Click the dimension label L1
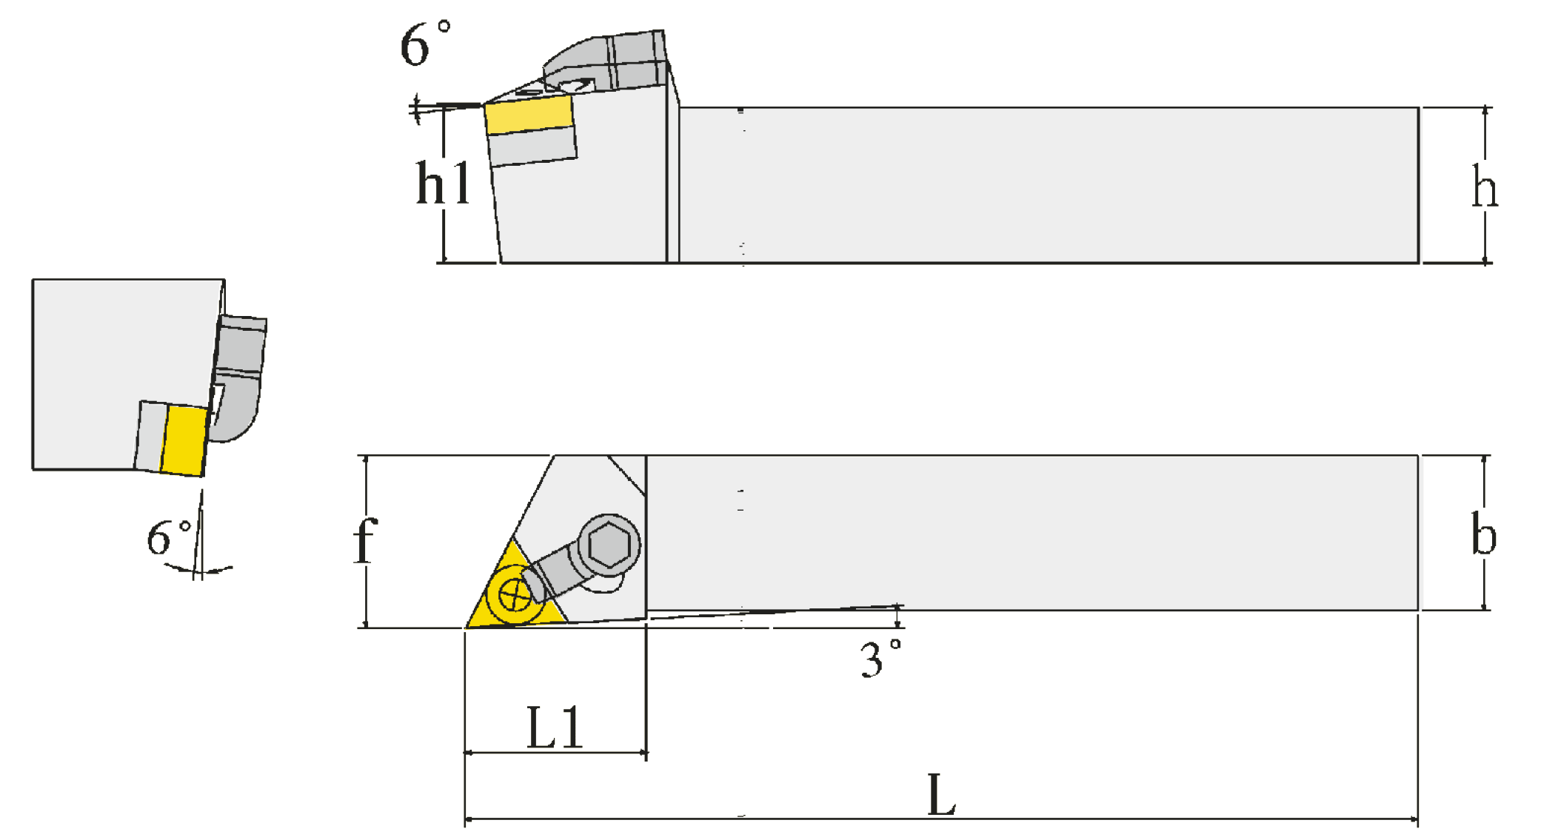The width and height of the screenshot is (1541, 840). [x=555, y=727]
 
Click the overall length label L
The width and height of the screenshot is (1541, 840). [x=941, y=795]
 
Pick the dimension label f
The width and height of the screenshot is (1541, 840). [x=365, y=540]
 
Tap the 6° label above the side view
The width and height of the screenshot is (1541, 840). [x=425, y=44]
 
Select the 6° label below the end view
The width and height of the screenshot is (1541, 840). [x=169, y=537]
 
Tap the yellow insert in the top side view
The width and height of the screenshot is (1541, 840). [x=529, y=115]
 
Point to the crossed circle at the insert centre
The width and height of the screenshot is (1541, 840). [x=515, y=595]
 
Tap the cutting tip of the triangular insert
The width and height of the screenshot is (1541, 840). [x=466, y=628]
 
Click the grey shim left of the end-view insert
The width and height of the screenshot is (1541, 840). [x=150, y=436]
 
